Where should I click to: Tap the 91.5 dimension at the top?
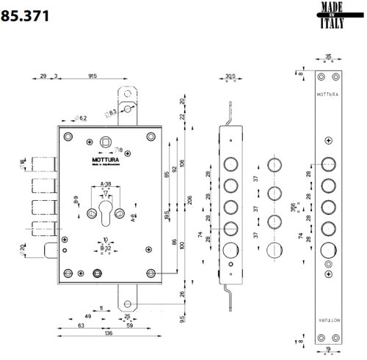click(93, 76)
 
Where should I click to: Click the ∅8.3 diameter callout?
click(112, 111)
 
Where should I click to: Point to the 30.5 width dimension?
click(229, 76)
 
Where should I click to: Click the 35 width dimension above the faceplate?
click(327, 56)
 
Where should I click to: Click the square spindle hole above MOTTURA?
click(107, 142)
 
